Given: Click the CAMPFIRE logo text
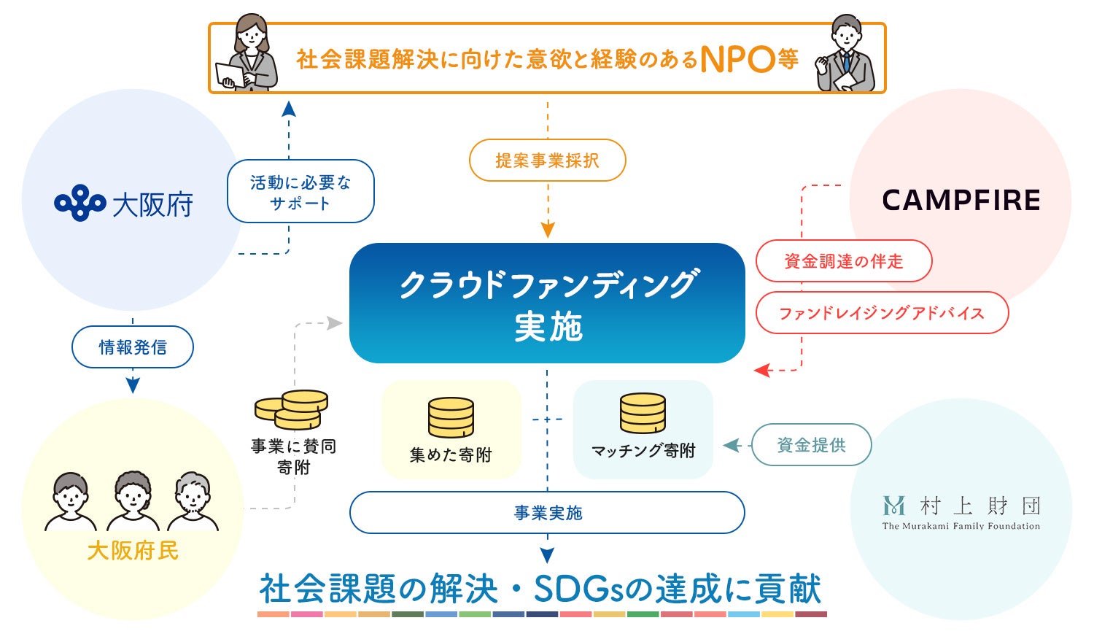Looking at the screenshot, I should [961, 201].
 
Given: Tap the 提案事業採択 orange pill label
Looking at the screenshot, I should [547, 160].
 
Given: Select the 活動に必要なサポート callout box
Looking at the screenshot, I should [300, 192].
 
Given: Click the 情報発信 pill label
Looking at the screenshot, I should [133, 347].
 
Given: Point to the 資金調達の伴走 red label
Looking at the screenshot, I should [844, 261].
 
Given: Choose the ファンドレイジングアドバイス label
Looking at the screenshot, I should [882, 314].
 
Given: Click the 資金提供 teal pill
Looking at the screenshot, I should [811, 445].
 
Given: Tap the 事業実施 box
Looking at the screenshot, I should [547, 513].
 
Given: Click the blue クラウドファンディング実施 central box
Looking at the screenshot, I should [547, 303].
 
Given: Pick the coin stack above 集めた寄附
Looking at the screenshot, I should [451, 417].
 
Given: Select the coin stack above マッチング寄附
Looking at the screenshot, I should [643, 414].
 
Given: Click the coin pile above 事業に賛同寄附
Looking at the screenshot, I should [292, 410].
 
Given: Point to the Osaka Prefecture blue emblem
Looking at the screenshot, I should [79, 203].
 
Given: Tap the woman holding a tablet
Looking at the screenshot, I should [247, 55].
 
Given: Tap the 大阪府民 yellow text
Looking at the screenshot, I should [133, 551].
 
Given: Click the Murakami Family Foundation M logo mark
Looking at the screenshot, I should [893, 506].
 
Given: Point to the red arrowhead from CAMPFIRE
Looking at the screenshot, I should [761, 371].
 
